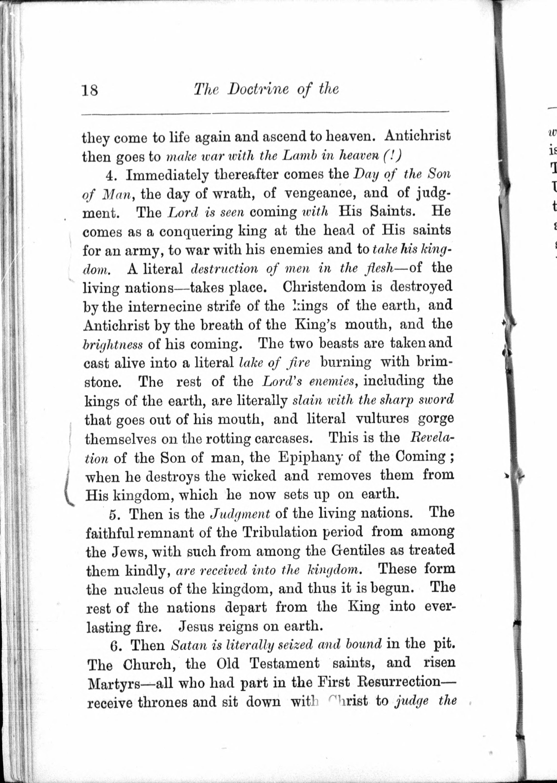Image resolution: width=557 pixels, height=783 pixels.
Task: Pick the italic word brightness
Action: pyautogui.click(x=113, y=345)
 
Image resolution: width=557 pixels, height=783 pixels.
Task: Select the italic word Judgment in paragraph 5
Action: pyautogui.click(x=240, y=514)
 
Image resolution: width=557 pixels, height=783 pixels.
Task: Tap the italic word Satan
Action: pyautogui.click(x=188, y=645)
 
